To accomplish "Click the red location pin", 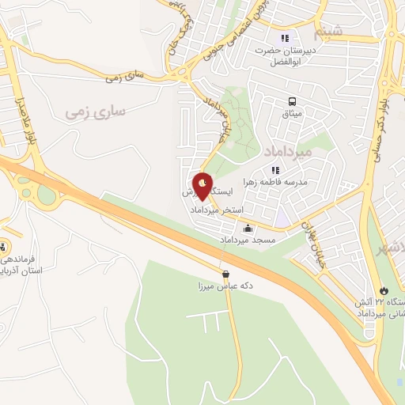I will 203,187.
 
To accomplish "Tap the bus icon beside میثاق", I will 293,102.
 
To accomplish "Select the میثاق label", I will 293,115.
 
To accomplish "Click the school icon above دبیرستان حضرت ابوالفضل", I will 285,37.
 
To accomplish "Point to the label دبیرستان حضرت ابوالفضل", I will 285,56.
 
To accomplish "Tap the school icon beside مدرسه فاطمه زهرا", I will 274,169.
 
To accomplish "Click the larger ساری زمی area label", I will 96,113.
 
